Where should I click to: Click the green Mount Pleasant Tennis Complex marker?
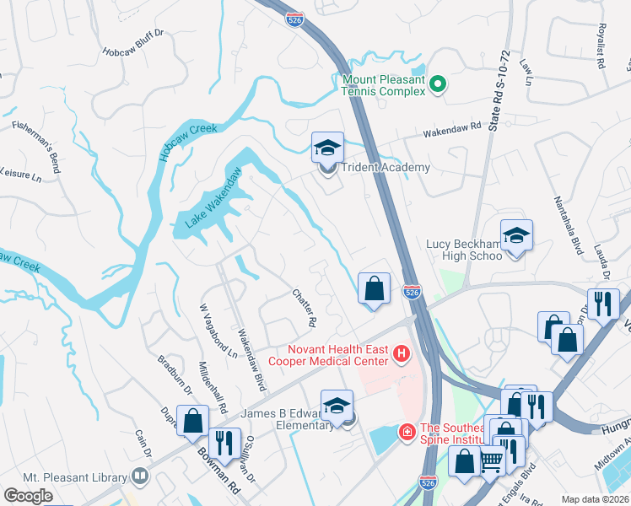(x=438, y=84)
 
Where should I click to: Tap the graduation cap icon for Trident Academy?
(x=326, y=148)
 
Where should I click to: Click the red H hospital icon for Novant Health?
(x=402, y=356)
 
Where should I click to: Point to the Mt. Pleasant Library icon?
(x=140, y=476)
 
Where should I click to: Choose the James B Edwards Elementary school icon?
(x=337, y=406)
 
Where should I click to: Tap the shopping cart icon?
(x=491, y=461)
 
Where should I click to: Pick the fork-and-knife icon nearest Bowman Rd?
(x=223, y=443)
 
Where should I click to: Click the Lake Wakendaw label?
(x=214, y=199)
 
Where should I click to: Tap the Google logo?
(x=28, y=496)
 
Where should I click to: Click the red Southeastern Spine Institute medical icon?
(x=407, y=432)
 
